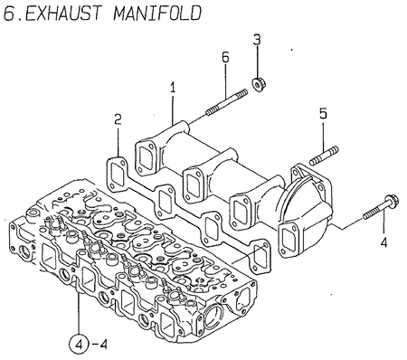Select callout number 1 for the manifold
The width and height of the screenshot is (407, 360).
pyautogui.click(x=171, y=88)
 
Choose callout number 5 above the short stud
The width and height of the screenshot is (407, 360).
pyautogui.click(x=322, y=114)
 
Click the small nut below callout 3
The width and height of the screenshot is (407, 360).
pyautogui.click(x=257, y=84)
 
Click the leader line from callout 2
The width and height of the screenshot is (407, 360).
pyautogui.click(x=118, y=145)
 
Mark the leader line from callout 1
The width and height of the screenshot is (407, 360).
pyautogui.click(x=171, y=109)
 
